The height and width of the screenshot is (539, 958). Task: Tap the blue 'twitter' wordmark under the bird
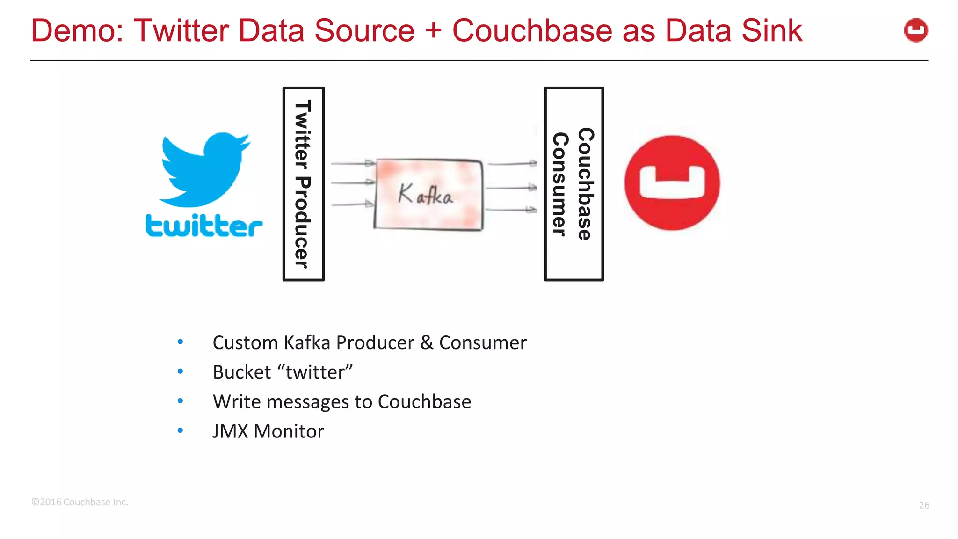(x=203, y=226)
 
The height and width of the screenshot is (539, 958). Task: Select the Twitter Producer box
(x=303, y=184)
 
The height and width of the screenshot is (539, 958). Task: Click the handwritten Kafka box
(x=428, y=194)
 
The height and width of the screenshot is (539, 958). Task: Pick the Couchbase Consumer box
(x=573, y=184)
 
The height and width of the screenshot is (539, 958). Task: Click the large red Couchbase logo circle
(x=672, y=183)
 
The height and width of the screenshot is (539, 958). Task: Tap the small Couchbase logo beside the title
(x=915, y=30)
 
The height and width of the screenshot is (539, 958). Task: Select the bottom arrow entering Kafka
(x=352, y=204)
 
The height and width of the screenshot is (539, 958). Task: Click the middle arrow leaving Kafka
(x=511, y=188)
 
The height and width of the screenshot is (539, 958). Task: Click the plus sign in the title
(x=433, y=31)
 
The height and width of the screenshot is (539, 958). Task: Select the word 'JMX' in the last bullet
(x=230, y=431)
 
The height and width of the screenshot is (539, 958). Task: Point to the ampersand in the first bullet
(x=426, y=343)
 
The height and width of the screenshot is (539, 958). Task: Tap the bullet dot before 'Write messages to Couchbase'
(x=180, y=401)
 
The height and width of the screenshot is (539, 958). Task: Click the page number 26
(x=924, y=505)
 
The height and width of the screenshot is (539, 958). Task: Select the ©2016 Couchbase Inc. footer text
(x=80, y=502)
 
